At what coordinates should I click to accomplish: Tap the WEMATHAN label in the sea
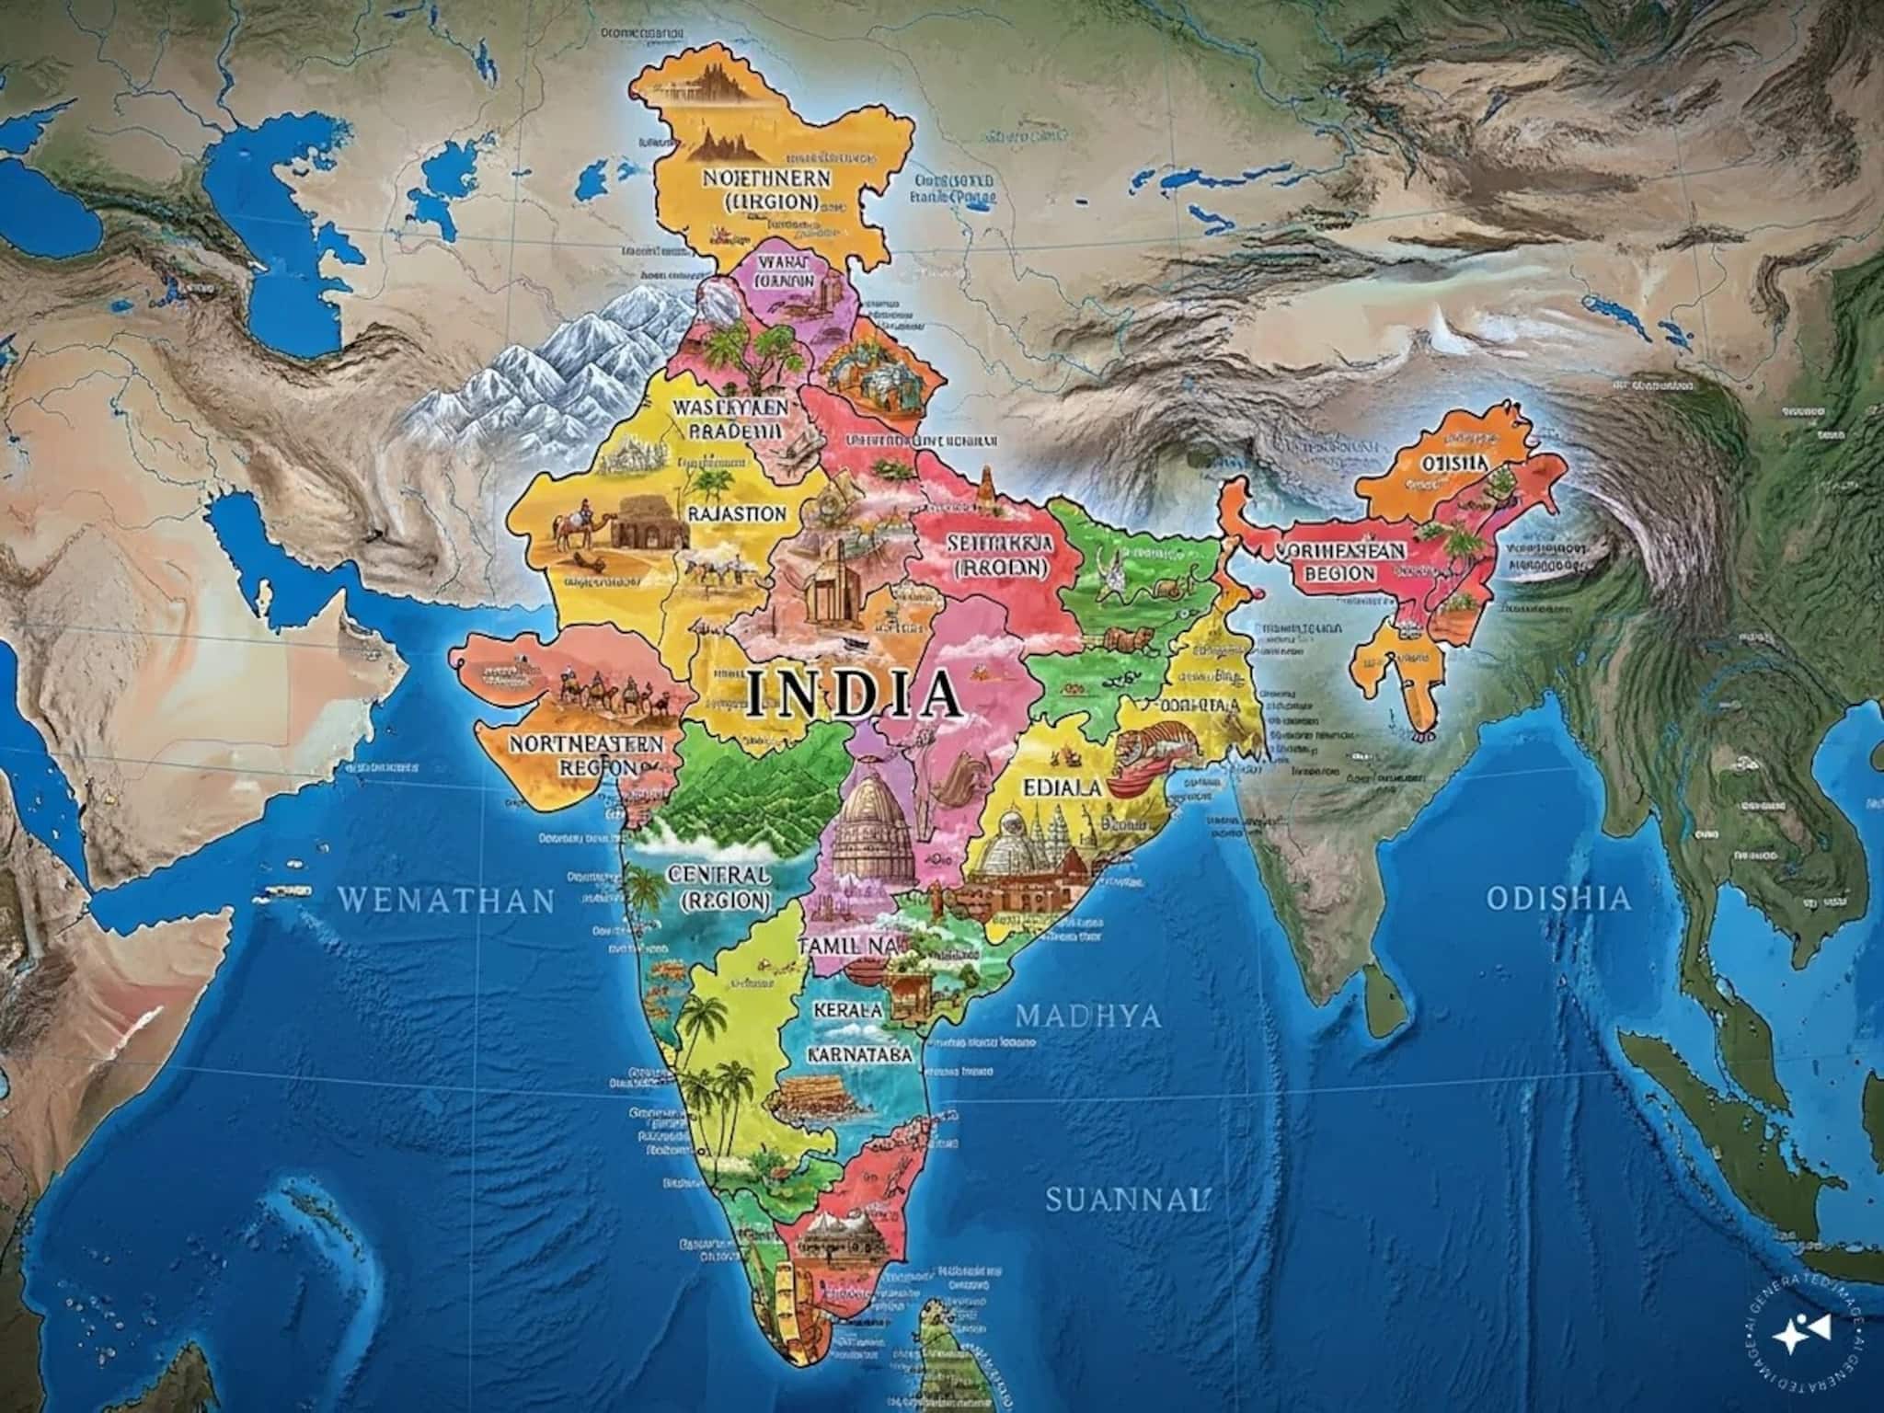tap(447, 899)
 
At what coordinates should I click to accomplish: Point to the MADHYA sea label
tap(1087, 1016)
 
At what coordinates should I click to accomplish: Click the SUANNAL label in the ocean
tap(1124, 1198)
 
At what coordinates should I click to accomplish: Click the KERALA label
tap(848, 1008)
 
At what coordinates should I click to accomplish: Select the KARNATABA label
tap(860, 1054)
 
